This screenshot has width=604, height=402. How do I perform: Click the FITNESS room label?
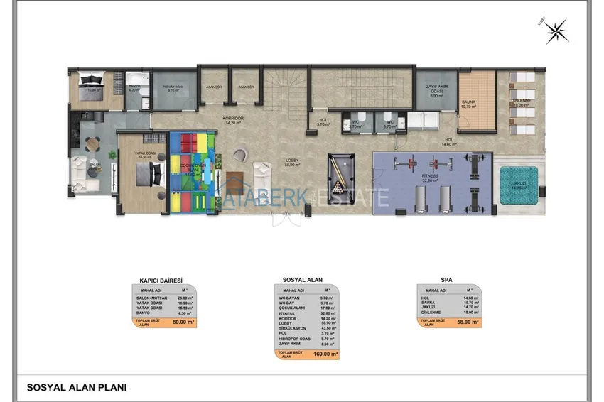430,178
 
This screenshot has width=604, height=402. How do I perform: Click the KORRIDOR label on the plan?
230,120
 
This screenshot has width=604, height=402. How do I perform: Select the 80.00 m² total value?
183,322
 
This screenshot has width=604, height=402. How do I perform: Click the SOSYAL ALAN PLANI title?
77,388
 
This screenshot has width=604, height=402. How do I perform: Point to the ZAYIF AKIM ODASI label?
435,89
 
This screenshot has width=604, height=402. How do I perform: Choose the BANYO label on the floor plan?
135,87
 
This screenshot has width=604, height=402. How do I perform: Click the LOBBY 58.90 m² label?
291,163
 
